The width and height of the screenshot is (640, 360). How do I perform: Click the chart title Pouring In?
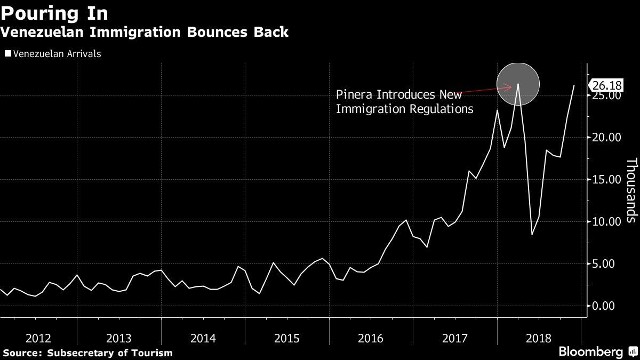tap(54, 13)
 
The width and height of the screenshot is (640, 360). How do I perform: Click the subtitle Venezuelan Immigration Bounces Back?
tap(145, 32)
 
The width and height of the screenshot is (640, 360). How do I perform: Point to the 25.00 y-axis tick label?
tap(607, 97)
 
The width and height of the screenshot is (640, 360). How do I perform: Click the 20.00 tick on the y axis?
tap(607, 138)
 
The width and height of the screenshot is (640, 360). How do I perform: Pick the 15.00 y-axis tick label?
tap(607, 180)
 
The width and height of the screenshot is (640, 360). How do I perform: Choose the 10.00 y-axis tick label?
tap(607, 222)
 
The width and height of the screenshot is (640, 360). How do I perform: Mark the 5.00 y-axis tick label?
tap(609, 264)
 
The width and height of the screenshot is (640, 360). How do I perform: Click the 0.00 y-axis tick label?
tap(609, 306)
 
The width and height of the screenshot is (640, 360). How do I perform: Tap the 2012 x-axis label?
tap(38, 338)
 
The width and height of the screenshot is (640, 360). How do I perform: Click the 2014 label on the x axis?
tap(203, 338)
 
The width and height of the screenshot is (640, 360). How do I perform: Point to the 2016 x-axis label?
tap(371, 338)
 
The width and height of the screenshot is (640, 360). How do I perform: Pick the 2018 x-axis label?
tap(539, 338)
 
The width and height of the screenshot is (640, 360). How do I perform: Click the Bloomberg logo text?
tap(590, 352)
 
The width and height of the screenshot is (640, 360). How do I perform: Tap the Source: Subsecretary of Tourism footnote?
tap(87, 353)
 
